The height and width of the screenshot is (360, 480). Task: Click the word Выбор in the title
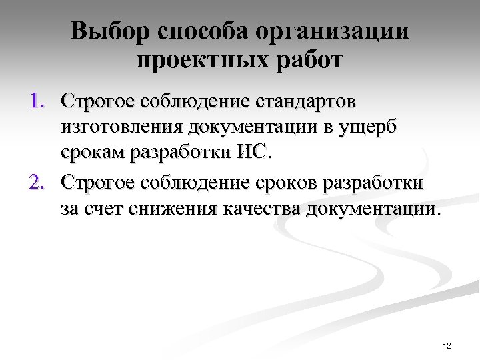[111, 31]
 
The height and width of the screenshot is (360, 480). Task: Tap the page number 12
[447, 345]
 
